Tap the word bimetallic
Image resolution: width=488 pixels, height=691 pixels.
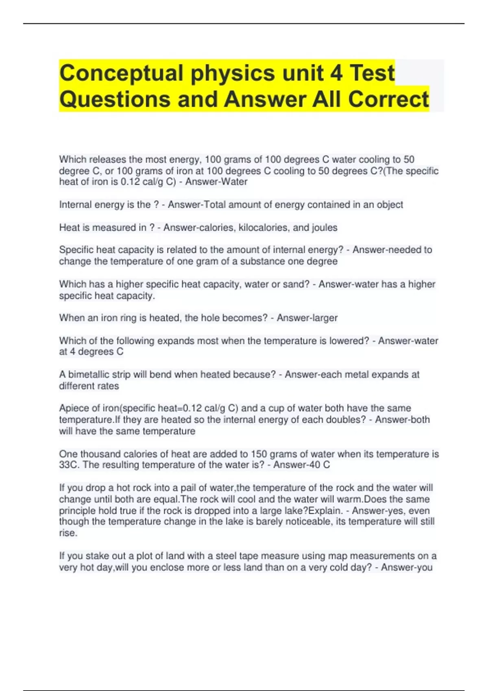[89, 374]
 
